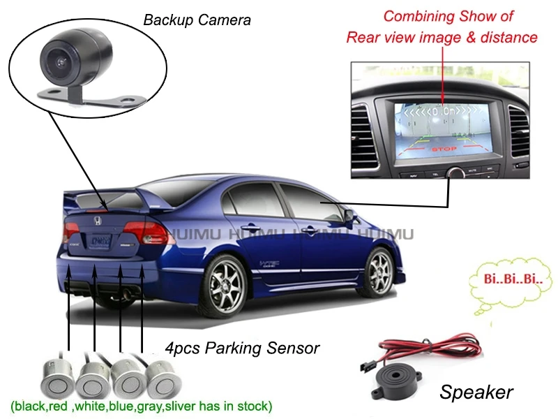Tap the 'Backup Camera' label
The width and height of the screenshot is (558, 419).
pos(197,20)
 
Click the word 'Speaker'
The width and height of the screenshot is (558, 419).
pos(476,392)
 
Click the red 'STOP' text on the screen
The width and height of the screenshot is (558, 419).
pos(444,149)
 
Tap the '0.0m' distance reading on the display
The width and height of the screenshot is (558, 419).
pos(444,111)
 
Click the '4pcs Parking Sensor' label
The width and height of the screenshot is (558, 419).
pos(242,348)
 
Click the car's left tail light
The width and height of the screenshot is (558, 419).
pos(150,234)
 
